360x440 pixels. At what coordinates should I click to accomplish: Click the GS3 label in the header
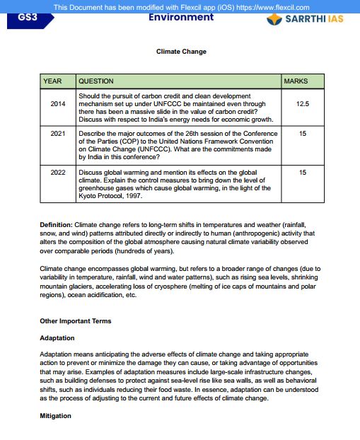pos(26,18)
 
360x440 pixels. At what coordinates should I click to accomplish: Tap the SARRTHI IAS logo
pos(306,18)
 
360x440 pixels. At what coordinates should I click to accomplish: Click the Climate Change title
pos(181,52)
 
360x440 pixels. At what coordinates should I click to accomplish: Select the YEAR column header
pos(53,81)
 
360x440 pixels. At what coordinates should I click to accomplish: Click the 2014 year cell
pos(58,104)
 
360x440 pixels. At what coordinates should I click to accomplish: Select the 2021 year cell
pos(58,133)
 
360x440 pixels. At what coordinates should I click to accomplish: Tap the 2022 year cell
pos(58,172)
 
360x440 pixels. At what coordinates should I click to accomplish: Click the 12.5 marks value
pos(303,104)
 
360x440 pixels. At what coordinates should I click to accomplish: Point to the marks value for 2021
pos(303,133)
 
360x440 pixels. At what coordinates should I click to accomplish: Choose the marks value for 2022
pos(303,172)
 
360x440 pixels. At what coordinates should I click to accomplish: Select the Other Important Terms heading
pos(75,321)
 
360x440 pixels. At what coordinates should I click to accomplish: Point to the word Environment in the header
pos(181,17)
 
